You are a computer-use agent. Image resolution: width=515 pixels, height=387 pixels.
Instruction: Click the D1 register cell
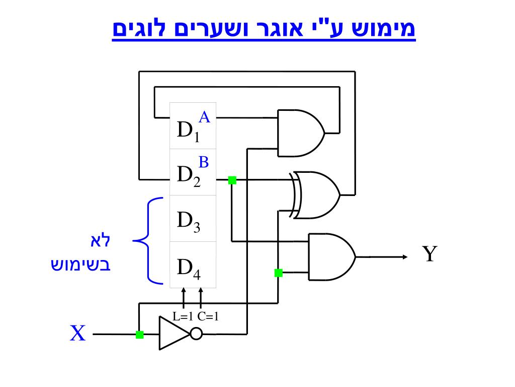[193, 126]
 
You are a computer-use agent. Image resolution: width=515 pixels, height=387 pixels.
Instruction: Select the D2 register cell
[193, 172]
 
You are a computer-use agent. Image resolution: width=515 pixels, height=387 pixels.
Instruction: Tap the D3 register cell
[193, 219]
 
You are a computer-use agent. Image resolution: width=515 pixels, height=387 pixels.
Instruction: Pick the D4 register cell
[193, 265]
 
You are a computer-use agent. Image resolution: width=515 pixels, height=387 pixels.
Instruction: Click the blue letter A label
[204, 117]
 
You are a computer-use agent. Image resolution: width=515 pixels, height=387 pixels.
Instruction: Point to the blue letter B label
[203, 162]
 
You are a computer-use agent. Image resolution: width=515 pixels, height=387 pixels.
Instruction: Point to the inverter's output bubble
[196, 334]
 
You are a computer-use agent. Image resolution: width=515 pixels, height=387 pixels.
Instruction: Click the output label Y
[428, 254]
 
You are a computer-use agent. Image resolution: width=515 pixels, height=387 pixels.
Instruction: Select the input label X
[77, 334]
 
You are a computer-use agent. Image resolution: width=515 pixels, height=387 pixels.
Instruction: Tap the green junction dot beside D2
[232, 180]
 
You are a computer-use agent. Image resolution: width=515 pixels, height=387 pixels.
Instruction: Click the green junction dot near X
[140, 334]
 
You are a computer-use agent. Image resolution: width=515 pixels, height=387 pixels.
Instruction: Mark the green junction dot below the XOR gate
[278, 273]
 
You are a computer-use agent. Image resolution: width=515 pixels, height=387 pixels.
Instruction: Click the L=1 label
[183, 317]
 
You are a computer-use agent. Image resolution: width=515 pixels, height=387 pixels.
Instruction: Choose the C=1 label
[208, 317]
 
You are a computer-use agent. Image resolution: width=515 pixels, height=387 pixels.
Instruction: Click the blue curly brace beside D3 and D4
[147, 239]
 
